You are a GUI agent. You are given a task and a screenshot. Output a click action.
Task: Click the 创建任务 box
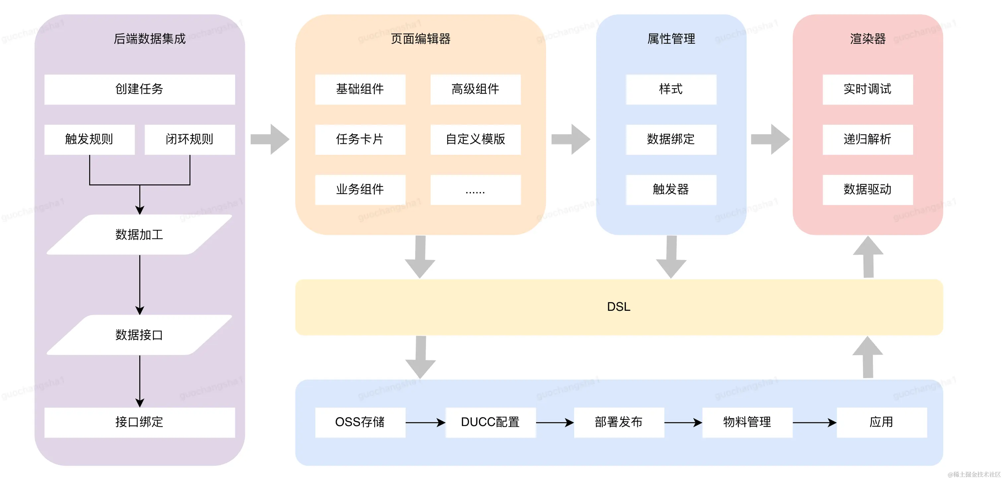click(x=139, y=89)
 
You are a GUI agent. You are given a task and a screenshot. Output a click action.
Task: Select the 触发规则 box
click(x=90, y=139)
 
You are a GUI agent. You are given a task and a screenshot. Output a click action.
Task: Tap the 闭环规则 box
click(x=190, y=139)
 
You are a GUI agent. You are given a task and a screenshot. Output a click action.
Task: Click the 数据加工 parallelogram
click(x=139, y=234)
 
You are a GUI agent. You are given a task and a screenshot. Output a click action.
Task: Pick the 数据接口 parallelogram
click(x=139, y=335)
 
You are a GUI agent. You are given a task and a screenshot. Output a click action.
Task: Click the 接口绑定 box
click(x=139, y=422)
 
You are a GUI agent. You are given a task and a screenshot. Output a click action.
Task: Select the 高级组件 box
click(x=475, y=89)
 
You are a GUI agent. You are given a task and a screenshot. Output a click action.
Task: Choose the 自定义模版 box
click(x=475, y=139)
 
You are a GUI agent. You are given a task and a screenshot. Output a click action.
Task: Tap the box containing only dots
click(x=475, y=190)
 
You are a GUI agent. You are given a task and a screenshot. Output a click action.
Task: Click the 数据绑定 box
click(x=671, y=139)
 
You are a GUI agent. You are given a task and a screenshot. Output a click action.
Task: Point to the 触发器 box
click(x=671, y=190)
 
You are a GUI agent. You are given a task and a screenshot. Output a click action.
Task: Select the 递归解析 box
click(x=867, y=139)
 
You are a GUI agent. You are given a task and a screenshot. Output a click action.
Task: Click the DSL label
click(x=619, y=307)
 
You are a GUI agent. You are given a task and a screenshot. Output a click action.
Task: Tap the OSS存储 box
click(x=360, y=422)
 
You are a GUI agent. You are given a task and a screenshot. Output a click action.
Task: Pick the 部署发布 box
click(x=619, y=422)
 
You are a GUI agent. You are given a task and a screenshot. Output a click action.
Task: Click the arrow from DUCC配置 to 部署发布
click(x=555, y=422)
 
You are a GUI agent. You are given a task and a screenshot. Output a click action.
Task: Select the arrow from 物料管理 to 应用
click(x=815, y=422)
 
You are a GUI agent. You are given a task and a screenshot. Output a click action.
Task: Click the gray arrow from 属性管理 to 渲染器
click(x=770, y=139)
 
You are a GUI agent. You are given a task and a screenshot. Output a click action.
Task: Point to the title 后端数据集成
click(x=150, y=39)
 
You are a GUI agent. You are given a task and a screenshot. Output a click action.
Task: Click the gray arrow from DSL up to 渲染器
click(x=868, y=257)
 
